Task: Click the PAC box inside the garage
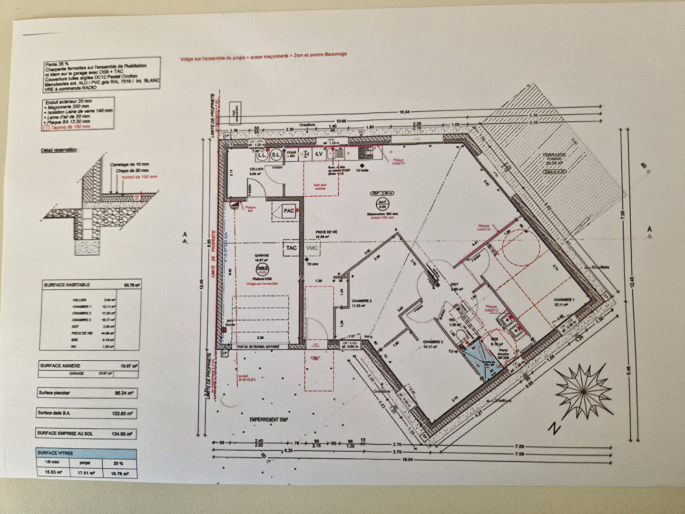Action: point(288,210)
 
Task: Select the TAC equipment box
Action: point(291,248)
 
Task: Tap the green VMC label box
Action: point(312,248)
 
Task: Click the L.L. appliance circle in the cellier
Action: point(262,155)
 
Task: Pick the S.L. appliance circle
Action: point(276,155)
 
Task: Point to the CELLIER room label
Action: point(256,169)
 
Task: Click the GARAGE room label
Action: point(262,255)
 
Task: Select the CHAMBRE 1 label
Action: point(564,299)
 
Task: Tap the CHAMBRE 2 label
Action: point(362,301)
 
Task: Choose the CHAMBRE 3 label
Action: point(432,341)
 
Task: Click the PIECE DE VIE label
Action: point(326,232)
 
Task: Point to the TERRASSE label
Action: point(554,155)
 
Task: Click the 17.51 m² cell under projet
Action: point(86,473)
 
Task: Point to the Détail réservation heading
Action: point(59,150)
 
